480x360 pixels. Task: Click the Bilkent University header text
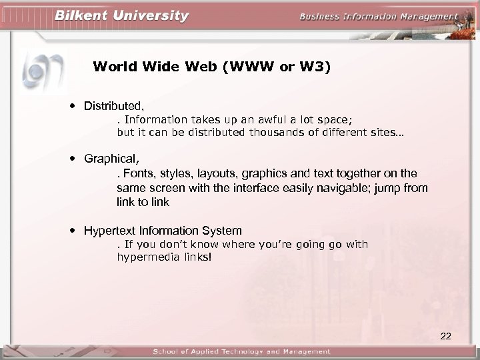point(121,15)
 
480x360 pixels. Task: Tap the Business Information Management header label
point(379,17)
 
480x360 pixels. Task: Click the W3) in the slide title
point(315,67)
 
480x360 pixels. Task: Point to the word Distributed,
point(114,105)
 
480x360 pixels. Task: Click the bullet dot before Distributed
point(71,105)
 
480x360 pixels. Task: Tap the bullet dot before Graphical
point(71,159)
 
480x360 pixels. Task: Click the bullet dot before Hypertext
point(71,231)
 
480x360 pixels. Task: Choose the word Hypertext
point(107,231)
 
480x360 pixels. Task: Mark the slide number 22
point(446,336)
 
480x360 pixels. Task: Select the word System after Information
point(223,231)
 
